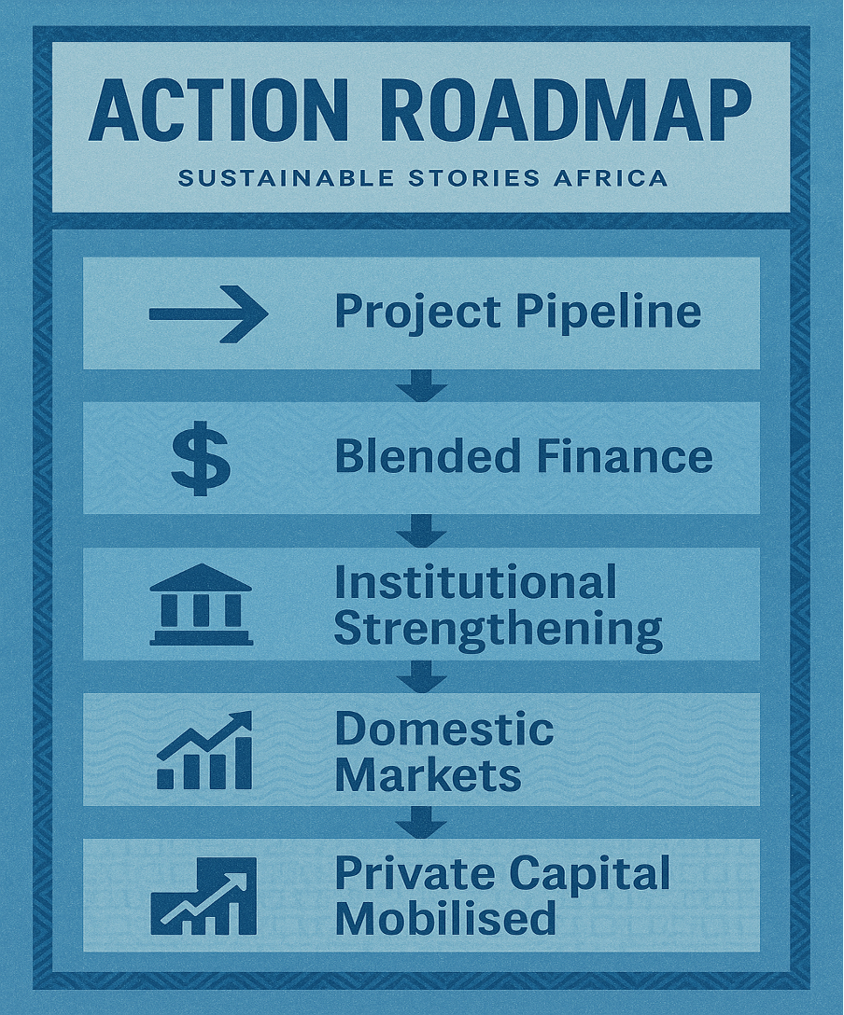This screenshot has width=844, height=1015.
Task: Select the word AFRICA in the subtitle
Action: (x=617, y=177)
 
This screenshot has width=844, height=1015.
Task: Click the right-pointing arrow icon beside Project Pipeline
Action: (x=208, y=313)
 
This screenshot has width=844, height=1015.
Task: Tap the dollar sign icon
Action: (x=200, y=458)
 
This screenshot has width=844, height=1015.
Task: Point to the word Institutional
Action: (x=475, y=583)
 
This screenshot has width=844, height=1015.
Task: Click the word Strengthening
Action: (x=498, y=629)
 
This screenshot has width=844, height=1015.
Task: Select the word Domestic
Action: (x=444, y=729)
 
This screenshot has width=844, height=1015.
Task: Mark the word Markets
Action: (x=428, y=774)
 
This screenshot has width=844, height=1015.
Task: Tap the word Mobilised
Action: (x=445, y=919)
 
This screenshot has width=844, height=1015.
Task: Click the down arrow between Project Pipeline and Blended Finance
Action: (x=421, y=385)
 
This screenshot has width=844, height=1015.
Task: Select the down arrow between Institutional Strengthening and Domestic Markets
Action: (x=421, y=676)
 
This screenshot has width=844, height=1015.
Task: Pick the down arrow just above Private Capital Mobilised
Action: (x=421, y=822)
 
